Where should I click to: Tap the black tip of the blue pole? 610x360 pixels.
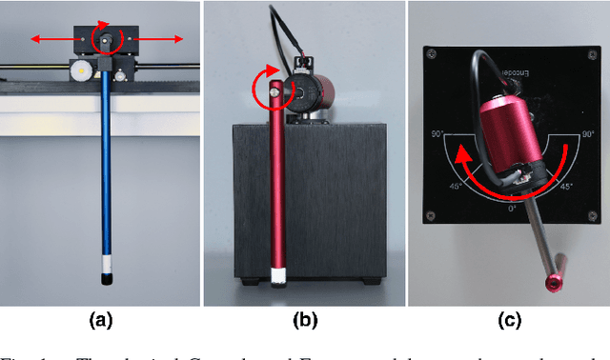pyautogui.click(x=104, y=279)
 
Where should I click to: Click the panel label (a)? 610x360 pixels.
pyautogui.click(x=100, y=321)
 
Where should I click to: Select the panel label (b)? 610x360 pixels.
pyautogui.click(x=305, y=321)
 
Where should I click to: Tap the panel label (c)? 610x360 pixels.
pyautogui.click(x=509, y=321)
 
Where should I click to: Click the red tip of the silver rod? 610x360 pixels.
pyautogui.click(x=554, y=283)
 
